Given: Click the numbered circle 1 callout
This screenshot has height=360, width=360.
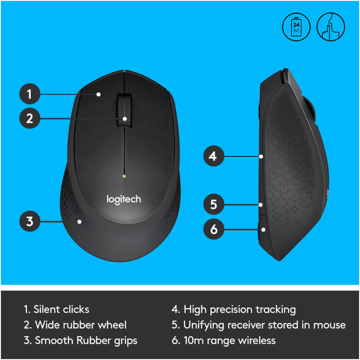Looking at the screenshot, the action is [30, 94].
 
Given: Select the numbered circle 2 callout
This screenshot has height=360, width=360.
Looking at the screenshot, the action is [30, 118].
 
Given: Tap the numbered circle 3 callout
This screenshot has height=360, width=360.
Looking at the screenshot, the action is [30, 221].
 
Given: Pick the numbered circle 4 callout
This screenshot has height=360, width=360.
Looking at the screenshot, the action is [214, 156].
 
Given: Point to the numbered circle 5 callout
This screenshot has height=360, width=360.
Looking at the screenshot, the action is [214, 204].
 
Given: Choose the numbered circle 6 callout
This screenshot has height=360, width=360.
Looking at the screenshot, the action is [214, 229].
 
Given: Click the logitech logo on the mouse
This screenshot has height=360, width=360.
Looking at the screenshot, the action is [124, 200].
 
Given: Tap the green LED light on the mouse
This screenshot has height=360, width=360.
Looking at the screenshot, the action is [124, 176].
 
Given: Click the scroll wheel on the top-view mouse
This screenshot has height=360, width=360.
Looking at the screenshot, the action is [124, 110].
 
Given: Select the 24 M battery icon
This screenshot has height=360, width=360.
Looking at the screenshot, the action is [296, 27].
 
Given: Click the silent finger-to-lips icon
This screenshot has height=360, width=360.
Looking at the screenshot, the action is [330, 27].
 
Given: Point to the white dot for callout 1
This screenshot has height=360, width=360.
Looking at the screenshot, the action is [99, 95].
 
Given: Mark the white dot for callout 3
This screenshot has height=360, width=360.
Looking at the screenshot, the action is [80, 222].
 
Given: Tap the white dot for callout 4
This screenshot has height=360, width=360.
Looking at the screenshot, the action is [261, 156].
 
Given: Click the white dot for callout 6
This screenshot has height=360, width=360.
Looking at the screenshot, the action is [263, 230].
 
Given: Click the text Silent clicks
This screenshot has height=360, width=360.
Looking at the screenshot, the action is [61, 310].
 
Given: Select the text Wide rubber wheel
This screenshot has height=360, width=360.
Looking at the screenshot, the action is [80, 325].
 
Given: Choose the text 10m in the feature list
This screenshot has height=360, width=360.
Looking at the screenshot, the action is [194, 340].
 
